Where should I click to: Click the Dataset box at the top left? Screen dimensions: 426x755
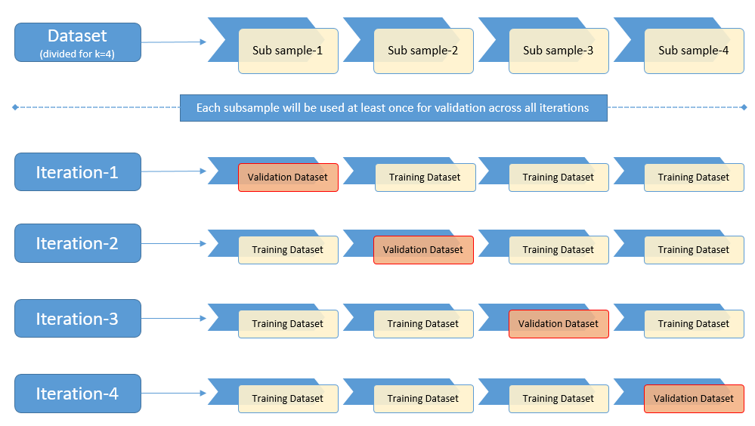click(78, 42)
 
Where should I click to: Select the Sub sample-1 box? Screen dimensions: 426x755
click(288, 51)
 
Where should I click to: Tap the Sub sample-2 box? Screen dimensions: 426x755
click(423, 51)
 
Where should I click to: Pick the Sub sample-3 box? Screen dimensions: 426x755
click(559, 51)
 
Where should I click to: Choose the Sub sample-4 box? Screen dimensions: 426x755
click(693, 51)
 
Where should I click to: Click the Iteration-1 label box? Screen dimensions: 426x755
click(78, 172)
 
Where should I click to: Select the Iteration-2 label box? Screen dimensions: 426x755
click(78, 243)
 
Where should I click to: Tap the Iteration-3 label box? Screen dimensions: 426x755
click(78, 319)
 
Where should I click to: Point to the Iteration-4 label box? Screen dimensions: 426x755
click(78, 394)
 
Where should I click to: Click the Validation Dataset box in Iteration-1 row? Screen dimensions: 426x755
click(288, 177)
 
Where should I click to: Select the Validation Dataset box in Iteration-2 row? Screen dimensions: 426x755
click(423, 250)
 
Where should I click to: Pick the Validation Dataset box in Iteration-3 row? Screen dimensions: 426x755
click(559, 324)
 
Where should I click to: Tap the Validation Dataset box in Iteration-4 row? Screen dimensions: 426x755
click(693, 399)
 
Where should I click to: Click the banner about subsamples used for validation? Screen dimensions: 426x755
click(393, 108)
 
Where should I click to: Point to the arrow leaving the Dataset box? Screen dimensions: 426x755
click(174, 42)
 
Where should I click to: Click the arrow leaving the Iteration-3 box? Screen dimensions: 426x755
click(174, 319)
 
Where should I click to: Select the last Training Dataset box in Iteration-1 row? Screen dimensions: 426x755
click(693, 177)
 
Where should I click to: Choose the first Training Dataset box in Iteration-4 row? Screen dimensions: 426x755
click(288, 399)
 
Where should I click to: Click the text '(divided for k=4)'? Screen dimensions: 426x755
click(77, 54)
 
